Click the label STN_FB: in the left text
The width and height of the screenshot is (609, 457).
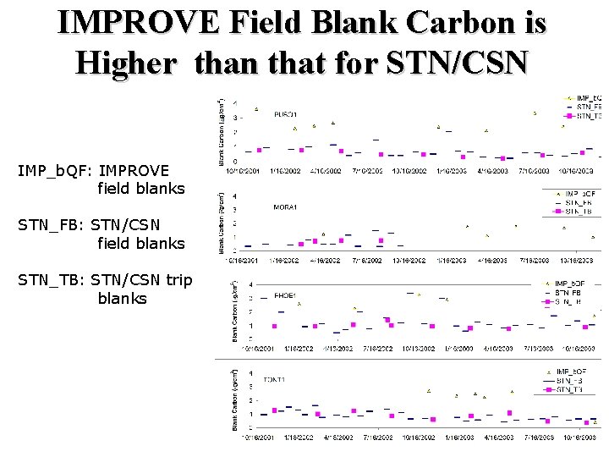click(52, 225)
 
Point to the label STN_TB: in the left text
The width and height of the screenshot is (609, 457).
click(52, 280)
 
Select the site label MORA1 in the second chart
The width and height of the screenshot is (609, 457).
click(284, 206)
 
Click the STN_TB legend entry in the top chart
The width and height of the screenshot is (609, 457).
click(588, 116)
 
